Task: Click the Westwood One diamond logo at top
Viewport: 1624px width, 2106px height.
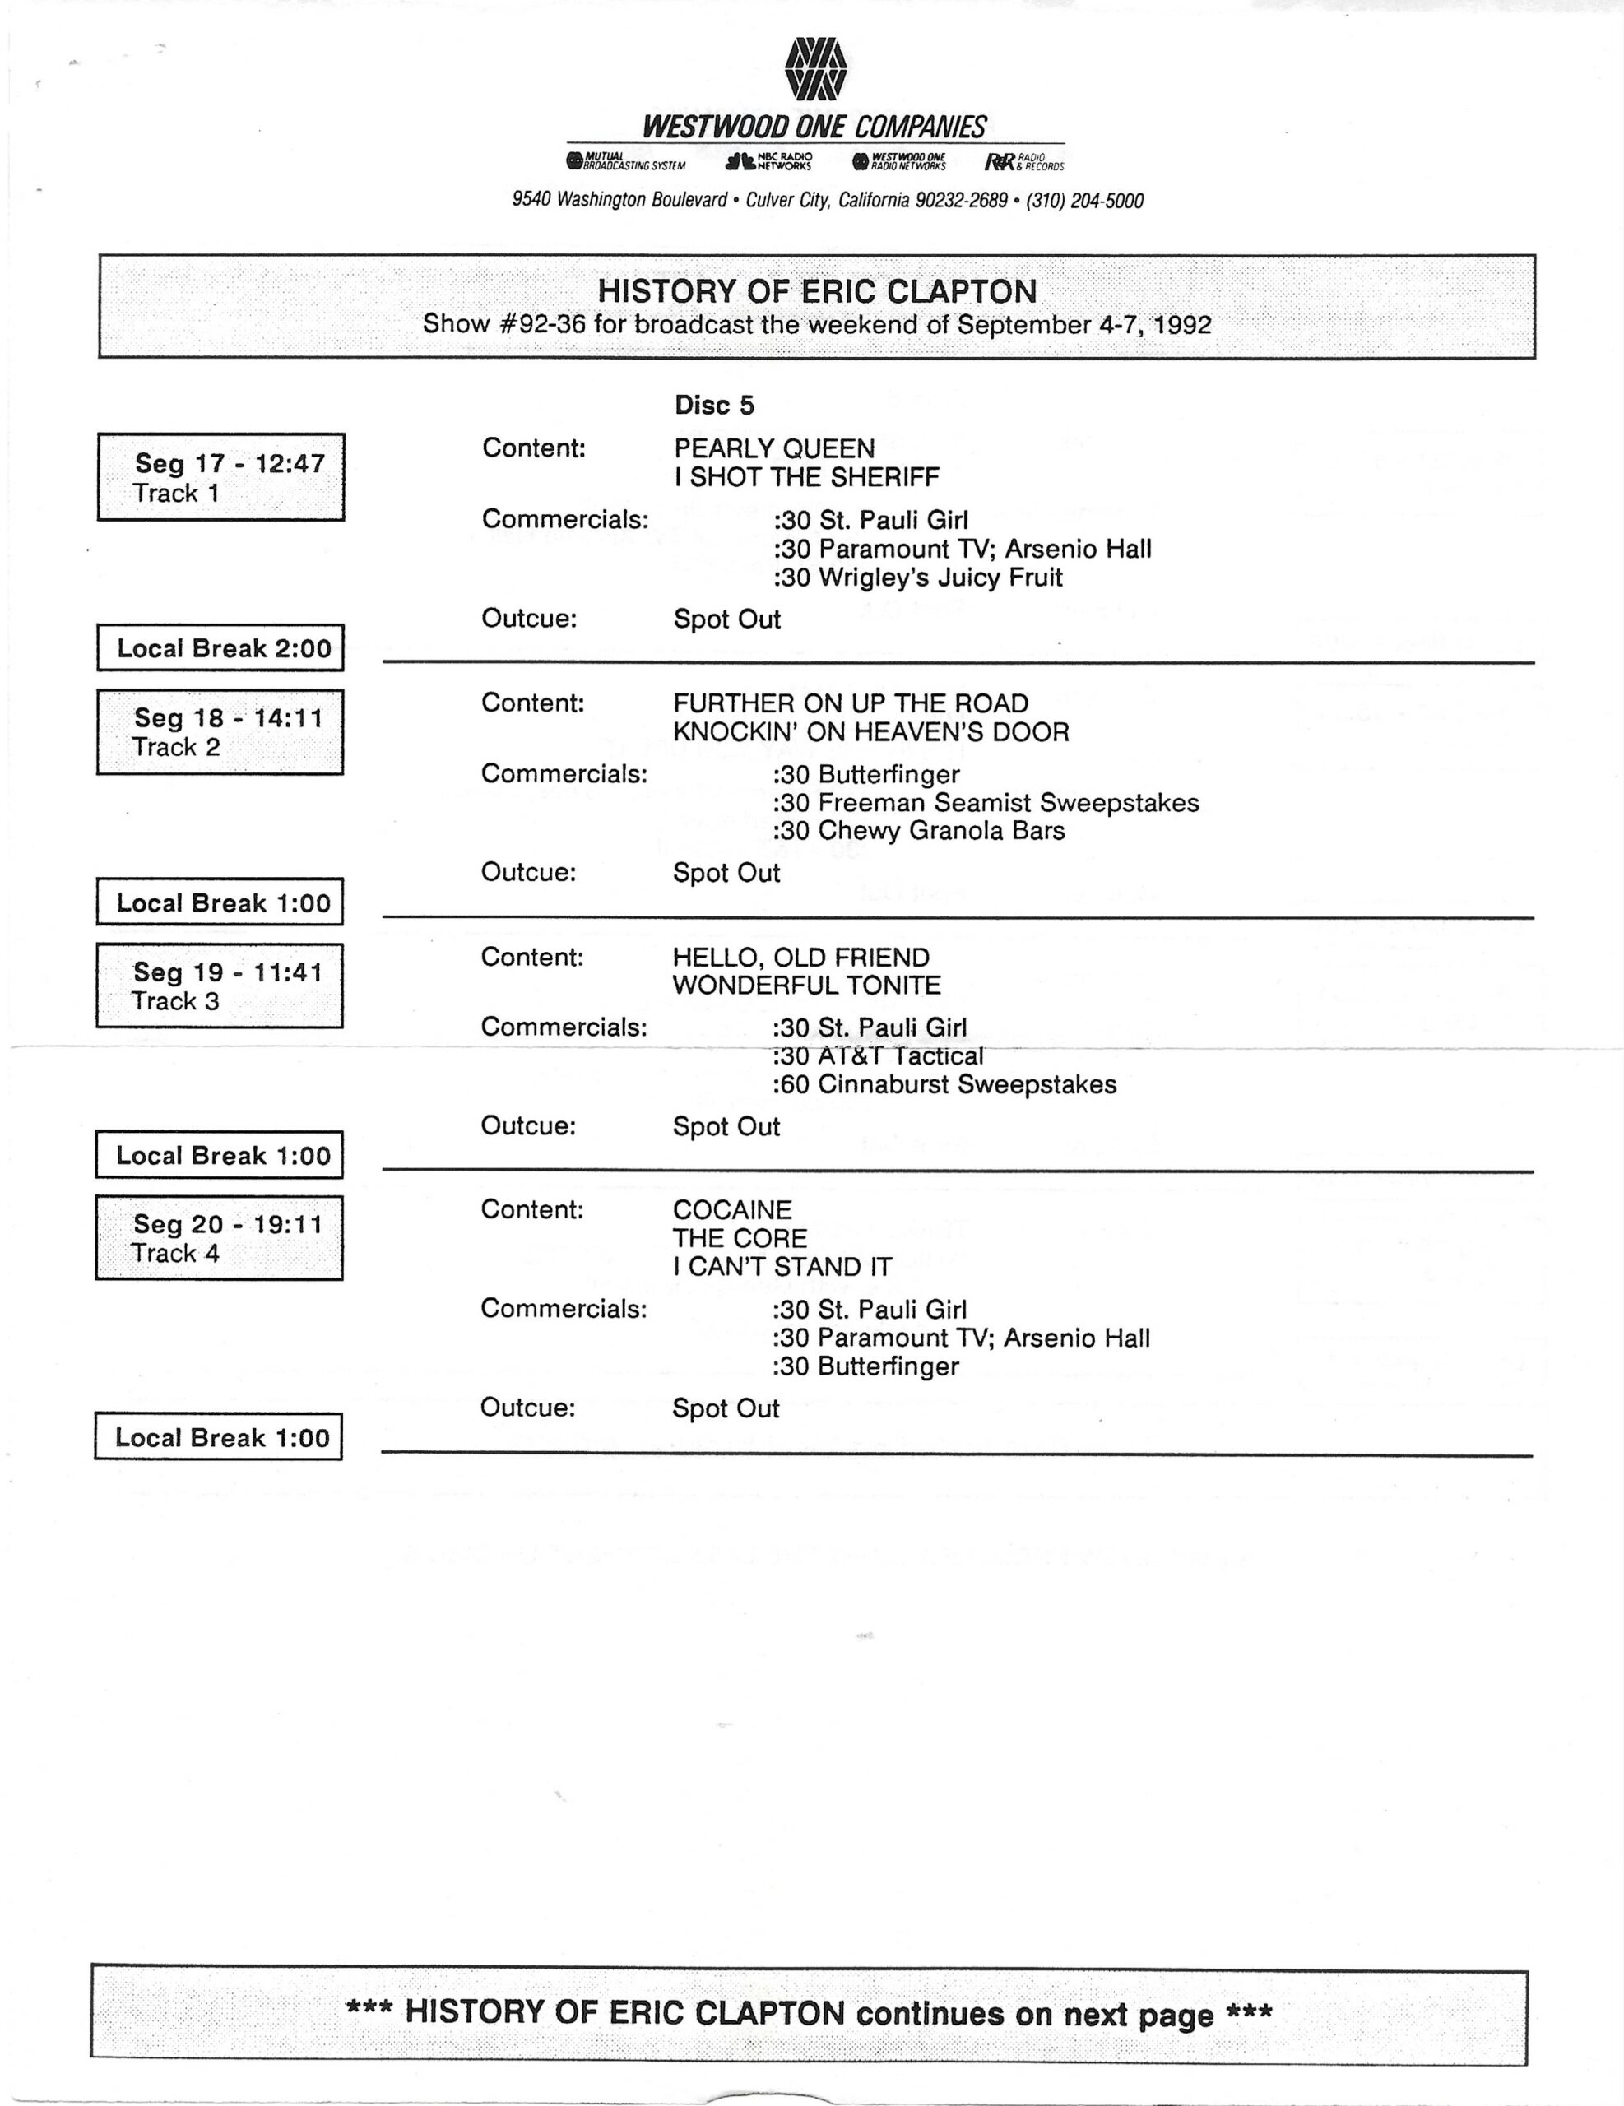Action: [x=816, y=69]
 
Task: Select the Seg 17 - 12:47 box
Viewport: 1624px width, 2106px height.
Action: [x=220, y=477]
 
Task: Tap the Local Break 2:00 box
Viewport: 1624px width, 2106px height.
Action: [x=220, y=648]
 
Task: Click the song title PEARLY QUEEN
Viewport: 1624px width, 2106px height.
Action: [x=774, y=448]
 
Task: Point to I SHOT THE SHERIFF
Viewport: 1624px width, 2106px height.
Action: [x=806, y=477]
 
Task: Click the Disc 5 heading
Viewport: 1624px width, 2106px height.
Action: [x=713, y=405]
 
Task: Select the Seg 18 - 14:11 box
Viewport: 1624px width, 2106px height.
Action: [x=220, y=732]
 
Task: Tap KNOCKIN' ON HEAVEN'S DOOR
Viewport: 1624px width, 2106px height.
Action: [x=871, y=732]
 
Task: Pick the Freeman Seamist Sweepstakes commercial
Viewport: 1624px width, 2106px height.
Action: [x=985, y=802]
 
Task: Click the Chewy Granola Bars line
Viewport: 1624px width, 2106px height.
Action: [x=918, y=830]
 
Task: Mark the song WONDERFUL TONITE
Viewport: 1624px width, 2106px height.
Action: [x=806, y=986]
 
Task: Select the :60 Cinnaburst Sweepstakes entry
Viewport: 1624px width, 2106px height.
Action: [x=944, y=1085]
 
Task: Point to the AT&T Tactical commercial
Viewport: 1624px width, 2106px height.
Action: [x=878, y=1056]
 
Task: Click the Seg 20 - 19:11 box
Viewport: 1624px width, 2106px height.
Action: [x=219, y=1238]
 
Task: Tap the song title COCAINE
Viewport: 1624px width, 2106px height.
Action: [x=732, y=1210]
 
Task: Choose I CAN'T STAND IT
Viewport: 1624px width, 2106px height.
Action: [x=782, y=1267]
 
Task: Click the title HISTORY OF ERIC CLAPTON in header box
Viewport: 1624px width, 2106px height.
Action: [x=817, y=291]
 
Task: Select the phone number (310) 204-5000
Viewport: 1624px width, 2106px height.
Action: [x=1085, y=201]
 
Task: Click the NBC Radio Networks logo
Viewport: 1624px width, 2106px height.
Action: [x=768, y=161]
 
